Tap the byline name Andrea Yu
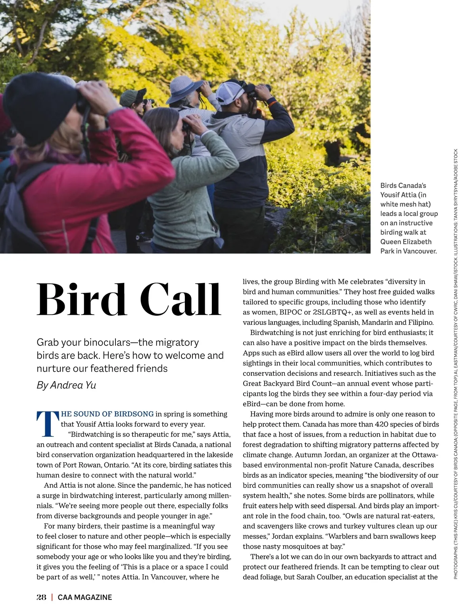(73, 385)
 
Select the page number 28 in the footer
(41, 597)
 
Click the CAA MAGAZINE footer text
(85, 597)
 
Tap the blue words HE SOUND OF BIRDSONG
(107, 414)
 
